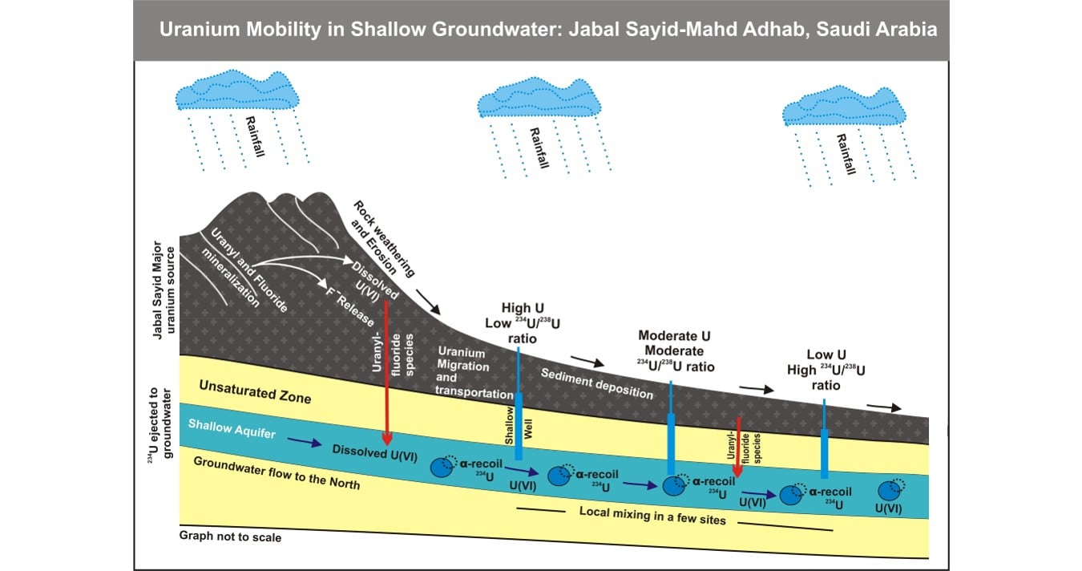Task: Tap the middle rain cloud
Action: (x=539, y=98)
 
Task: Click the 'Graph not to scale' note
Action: (x=230, y=537)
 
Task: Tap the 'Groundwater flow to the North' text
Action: (x=277, y=474)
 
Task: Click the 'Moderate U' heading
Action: (x=674, y=336)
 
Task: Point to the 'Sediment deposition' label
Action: (x=597, y=383)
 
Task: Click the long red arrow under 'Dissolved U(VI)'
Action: (x=387, y=369)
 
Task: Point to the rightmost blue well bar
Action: (x=825, y=452)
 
